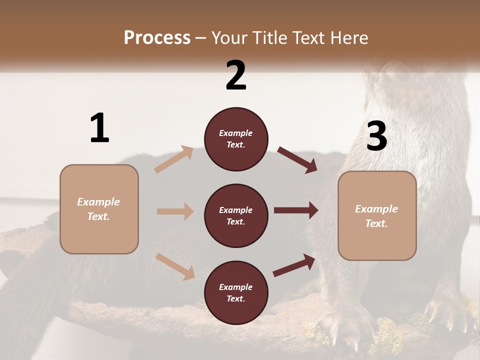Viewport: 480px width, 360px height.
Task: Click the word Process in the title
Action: [x=157, y=37]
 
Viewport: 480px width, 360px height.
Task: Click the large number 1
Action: [x=99, y=128]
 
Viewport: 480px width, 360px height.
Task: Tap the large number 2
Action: [x=236, y=75]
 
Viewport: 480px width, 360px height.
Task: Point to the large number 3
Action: [x=376, y=136]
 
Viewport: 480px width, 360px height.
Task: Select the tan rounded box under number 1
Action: [x=99, y=209]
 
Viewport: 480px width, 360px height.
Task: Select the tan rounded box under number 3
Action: [x=377, y=216]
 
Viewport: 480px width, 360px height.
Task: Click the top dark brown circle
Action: [x=236, y=139]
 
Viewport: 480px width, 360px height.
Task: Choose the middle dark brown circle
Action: [x=236, y=215]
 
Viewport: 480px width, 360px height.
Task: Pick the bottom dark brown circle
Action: [x=236, y=292]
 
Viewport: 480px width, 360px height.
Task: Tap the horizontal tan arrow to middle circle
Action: [x=175, y=211]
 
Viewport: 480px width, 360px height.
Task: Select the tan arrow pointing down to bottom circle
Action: [x=175, y=266]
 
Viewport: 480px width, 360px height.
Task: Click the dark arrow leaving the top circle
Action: [x=297, y=160]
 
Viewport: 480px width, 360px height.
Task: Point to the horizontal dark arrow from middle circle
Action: [x=296, y=210]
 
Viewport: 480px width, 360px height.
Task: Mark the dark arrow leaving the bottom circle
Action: [x=294, y=265]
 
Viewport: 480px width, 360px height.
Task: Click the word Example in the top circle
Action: [x=236, y=133]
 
